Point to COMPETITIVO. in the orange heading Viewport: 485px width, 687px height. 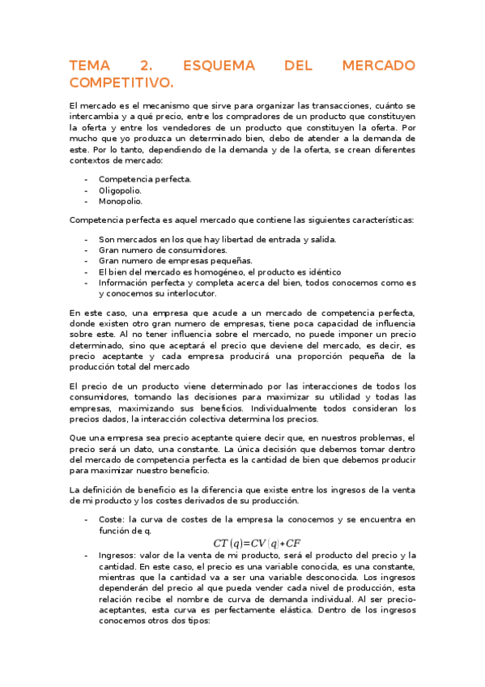121,83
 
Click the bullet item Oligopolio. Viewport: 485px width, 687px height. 121,190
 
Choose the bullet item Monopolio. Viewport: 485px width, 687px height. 120,200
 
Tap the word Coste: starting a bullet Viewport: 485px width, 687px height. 113,518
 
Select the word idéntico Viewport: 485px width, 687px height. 321,272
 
